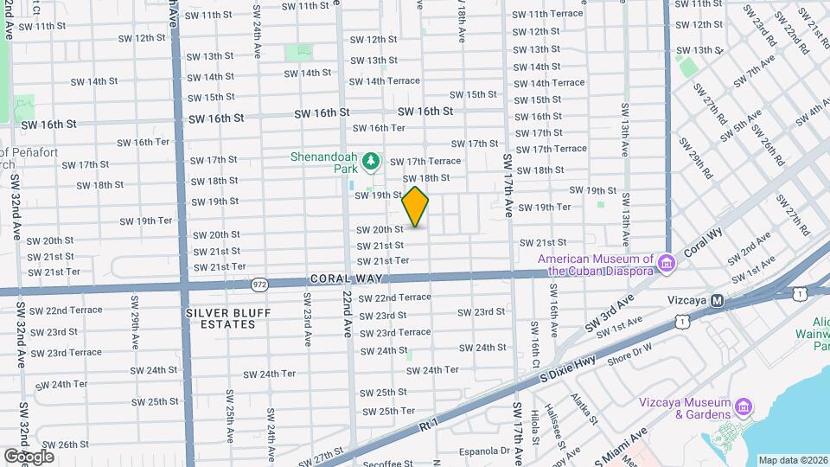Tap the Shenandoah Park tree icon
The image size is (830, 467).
click(371, 161)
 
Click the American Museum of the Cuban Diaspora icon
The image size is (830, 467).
click(666, 262)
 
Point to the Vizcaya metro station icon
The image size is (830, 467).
click(717, 300)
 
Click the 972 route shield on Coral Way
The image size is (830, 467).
click(259, 284)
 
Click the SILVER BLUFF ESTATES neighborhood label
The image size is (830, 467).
click(220, 318)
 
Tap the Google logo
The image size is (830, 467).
click(29, 456)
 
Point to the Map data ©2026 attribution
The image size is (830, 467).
click(793, 460)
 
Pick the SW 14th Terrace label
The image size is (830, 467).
click(384, 80)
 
